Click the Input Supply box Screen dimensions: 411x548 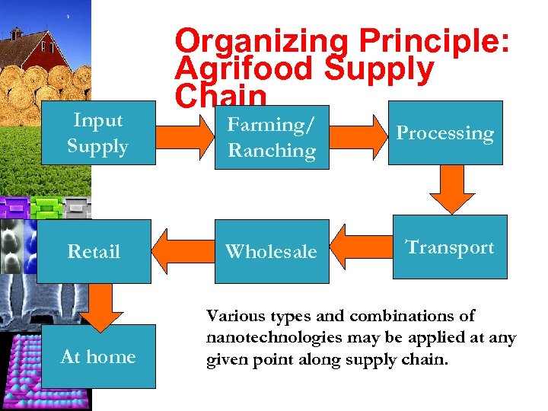tap(97, 133)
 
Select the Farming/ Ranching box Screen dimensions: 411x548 tap(272, 137)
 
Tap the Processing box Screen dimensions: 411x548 tap(445, 133)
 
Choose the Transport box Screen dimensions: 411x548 tap(450, 247)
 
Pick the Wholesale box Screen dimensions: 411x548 tap(271, 251)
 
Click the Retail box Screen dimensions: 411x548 tap(94, 251)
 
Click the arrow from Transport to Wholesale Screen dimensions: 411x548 tap(362, 247)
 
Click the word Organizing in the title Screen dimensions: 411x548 tap(261, 42)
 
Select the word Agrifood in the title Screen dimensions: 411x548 tap(244, 69)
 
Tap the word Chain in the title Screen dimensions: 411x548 tap(221, 95)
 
